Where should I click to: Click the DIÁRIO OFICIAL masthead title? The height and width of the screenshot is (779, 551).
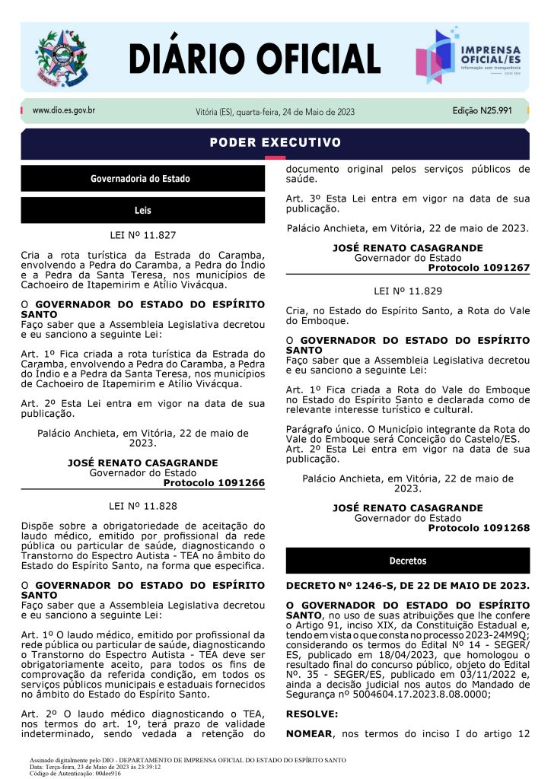tap(254, 59)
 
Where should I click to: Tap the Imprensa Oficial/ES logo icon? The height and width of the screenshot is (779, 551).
tap(437, 55)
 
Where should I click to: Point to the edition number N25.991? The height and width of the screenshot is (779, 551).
tap(482, 111)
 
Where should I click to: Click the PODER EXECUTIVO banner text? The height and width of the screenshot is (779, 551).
tap(275, 143)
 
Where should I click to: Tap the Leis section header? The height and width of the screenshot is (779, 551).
tap(142, 209)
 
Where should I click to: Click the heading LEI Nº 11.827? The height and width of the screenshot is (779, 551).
tap(142, 236)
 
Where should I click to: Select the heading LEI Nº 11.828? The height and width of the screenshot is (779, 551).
tap(142, 505)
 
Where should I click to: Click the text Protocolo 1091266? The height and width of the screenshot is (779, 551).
tap(214, 482)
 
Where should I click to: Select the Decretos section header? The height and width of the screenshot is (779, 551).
tap(407, 561)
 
